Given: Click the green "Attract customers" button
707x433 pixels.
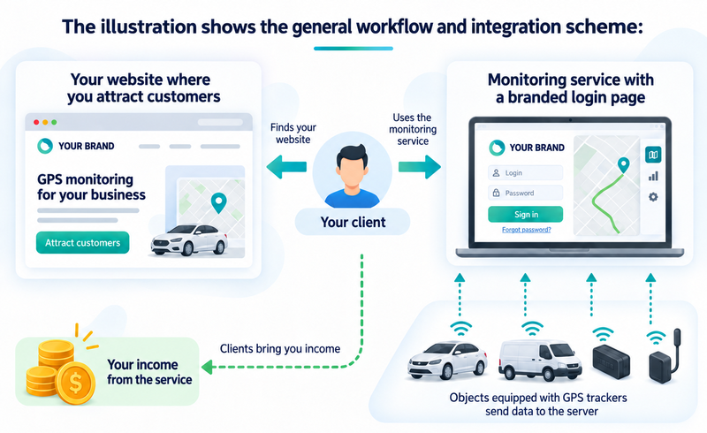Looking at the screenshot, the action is (82, 243).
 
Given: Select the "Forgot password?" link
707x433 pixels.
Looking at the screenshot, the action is (526, 230).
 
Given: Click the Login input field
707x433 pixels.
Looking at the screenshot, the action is (525, 172).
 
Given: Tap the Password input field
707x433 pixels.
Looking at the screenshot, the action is (525, 193).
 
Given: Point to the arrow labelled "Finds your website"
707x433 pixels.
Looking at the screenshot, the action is (286, 167).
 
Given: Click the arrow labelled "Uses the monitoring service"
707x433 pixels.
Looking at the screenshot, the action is (419, 167).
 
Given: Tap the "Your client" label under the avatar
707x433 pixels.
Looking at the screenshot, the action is (353, 222).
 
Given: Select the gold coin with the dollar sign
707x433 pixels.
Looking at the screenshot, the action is (75, 383).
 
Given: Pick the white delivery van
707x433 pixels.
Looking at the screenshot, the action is (539, 360).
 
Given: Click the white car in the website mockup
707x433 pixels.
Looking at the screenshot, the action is (189, 240).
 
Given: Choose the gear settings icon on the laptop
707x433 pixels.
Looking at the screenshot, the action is (653, 197).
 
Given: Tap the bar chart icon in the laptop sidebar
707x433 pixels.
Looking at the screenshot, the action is (653, 176).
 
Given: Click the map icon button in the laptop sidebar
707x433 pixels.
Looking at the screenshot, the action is (653, 155).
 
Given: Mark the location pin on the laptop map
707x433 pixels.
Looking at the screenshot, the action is (623, 165).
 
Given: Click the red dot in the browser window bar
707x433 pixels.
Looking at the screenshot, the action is (36, 122).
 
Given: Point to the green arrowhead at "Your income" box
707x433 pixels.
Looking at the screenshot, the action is (207, 367).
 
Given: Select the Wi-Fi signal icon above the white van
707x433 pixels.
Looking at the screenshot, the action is (533, 329).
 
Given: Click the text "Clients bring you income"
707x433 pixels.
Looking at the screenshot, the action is (280, 349).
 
